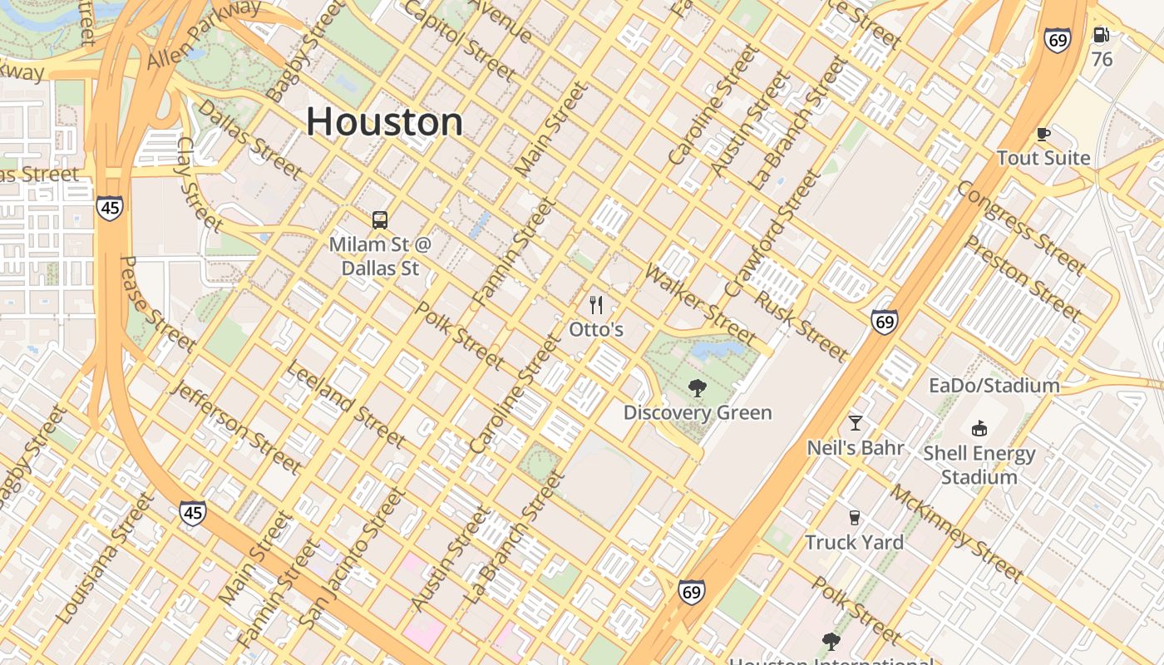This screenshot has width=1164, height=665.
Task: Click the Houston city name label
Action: point(384,122)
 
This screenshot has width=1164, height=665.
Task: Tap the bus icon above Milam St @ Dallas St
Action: point(380,220)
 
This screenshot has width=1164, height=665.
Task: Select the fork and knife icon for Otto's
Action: point(596,305)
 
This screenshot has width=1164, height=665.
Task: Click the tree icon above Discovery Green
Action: point(698,387)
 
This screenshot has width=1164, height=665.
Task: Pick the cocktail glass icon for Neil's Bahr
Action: point(855,423)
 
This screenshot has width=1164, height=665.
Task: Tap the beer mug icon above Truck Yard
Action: point(854,518)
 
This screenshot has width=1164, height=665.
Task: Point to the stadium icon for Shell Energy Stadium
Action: point(979,429)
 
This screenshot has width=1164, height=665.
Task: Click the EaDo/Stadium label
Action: point(994,386)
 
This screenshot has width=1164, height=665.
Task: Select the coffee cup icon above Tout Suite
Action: point(1043,134)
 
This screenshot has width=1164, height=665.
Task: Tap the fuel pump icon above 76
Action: point(1102,35)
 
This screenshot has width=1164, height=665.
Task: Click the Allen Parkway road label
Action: point(205,35)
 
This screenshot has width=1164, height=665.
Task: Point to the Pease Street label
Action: point(155,304)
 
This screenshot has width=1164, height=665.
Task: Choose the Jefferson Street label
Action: point(234,426)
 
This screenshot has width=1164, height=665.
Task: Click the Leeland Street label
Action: point(345,403)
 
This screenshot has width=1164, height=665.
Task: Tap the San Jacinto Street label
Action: point(353,558)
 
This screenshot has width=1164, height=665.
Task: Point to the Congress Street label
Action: point(1021,227)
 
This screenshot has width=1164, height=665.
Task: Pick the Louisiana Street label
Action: point(105,559)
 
